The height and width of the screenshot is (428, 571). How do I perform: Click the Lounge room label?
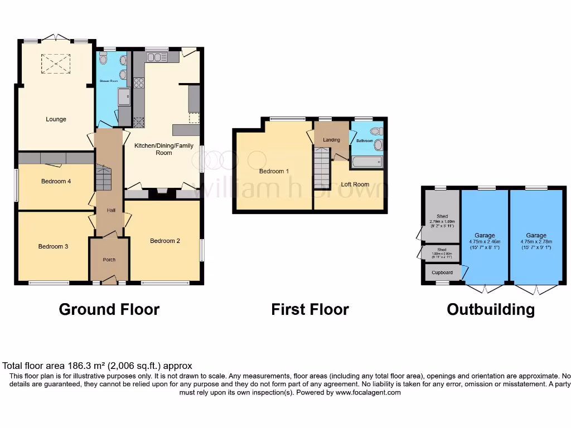pyautogui.click(x=56, y=119)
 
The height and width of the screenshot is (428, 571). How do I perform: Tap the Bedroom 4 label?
pyautogui.click(x=56, y=181)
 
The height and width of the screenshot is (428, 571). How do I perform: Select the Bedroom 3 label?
pyautogui.click(x=53, y=246)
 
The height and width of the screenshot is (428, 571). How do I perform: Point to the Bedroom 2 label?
pyautogui.click(x=165, y=241)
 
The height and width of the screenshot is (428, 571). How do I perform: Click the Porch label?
pyautogui.click(x=109, y=260)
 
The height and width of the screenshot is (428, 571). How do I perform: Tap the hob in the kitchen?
pyautogui.click(x=139, y=83)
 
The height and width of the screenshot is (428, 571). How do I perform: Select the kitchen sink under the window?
pyautogui.click(x=157, y=57)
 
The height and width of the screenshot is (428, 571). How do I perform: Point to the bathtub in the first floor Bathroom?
pyautogui.click(x=367, y=163)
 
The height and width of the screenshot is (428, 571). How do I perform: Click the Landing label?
pyautogui.click(x=331, y=140)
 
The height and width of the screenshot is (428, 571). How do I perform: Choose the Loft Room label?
pyautogui.click(x=355, y=184)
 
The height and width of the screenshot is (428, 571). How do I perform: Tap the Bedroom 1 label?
pyautogui.click(x=274, y=171)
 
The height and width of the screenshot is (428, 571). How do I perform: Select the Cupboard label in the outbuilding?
pyautogui.click(x=442, y=273)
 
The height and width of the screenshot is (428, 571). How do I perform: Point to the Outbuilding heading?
pyautogui.click(x=490, y=309)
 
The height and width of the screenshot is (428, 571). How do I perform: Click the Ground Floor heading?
pyautogui.click(x=109, y=309)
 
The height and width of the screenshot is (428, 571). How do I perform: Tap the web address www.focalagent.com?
pyautogui.click(x=367, y=392)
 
